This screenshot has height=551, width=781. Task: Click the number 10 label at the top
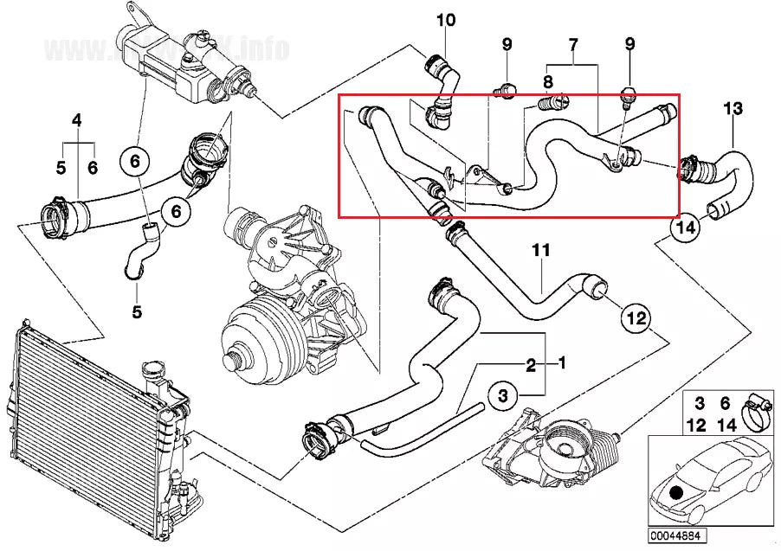[x=444, y=19]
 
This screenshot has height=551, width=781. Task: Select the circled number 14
[x=685, y=228]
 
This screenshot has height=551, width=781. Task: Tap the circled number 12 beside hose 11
[x=636, y=318]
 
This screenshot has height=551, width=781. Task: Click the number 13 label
[x=733, y=109]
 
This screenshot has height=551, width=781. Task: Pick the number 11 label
[x=541, y=251]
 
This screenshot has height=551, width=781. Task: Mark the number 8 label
[x=547, y=82]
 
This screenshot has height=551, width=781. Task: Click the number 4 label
[x=77, y=121]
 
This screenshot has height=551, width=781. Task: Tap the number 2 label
[x=531, y=363]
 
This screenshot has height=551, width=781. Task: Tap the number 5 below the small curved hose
[x=136, y=311]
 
